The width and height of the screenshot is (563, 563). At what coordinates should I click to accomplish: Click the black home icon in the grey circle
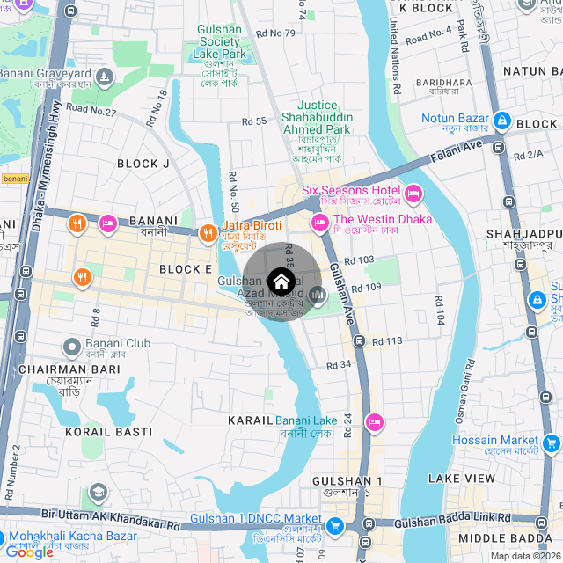coord(281,282)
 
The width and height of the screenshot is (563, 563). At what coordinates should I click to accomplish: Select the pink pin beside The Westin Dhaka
coord(319,223)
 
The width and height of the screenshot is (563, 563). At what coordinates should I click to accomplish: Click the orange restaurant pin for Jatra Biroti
coord(208,233)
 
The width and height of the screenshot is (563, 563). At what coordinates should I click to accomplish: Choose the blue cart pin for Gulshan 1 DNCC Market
coord(334,526)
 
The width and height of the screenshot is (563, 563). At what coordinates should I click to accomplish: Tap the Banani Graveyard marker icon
coord(105,78)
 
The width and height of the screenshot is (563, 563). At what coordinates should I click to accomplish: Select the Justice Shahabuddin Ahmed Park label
coord(316,117)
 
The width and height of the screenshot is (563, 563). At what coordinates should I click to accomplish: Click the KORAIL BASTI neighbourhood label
coord(108,432)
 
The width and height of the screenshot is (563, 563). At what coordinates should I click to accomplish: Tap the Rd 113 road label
coord(387,341)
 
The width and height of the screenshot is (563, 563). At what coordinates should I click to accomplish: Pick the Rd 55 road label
coord(253,121)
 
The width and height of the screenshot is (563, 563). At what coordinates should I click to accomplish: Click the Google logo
coord(29,552)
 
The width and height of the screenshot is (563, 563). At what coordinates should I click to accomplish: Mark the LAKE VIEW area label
coord(462,478)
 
